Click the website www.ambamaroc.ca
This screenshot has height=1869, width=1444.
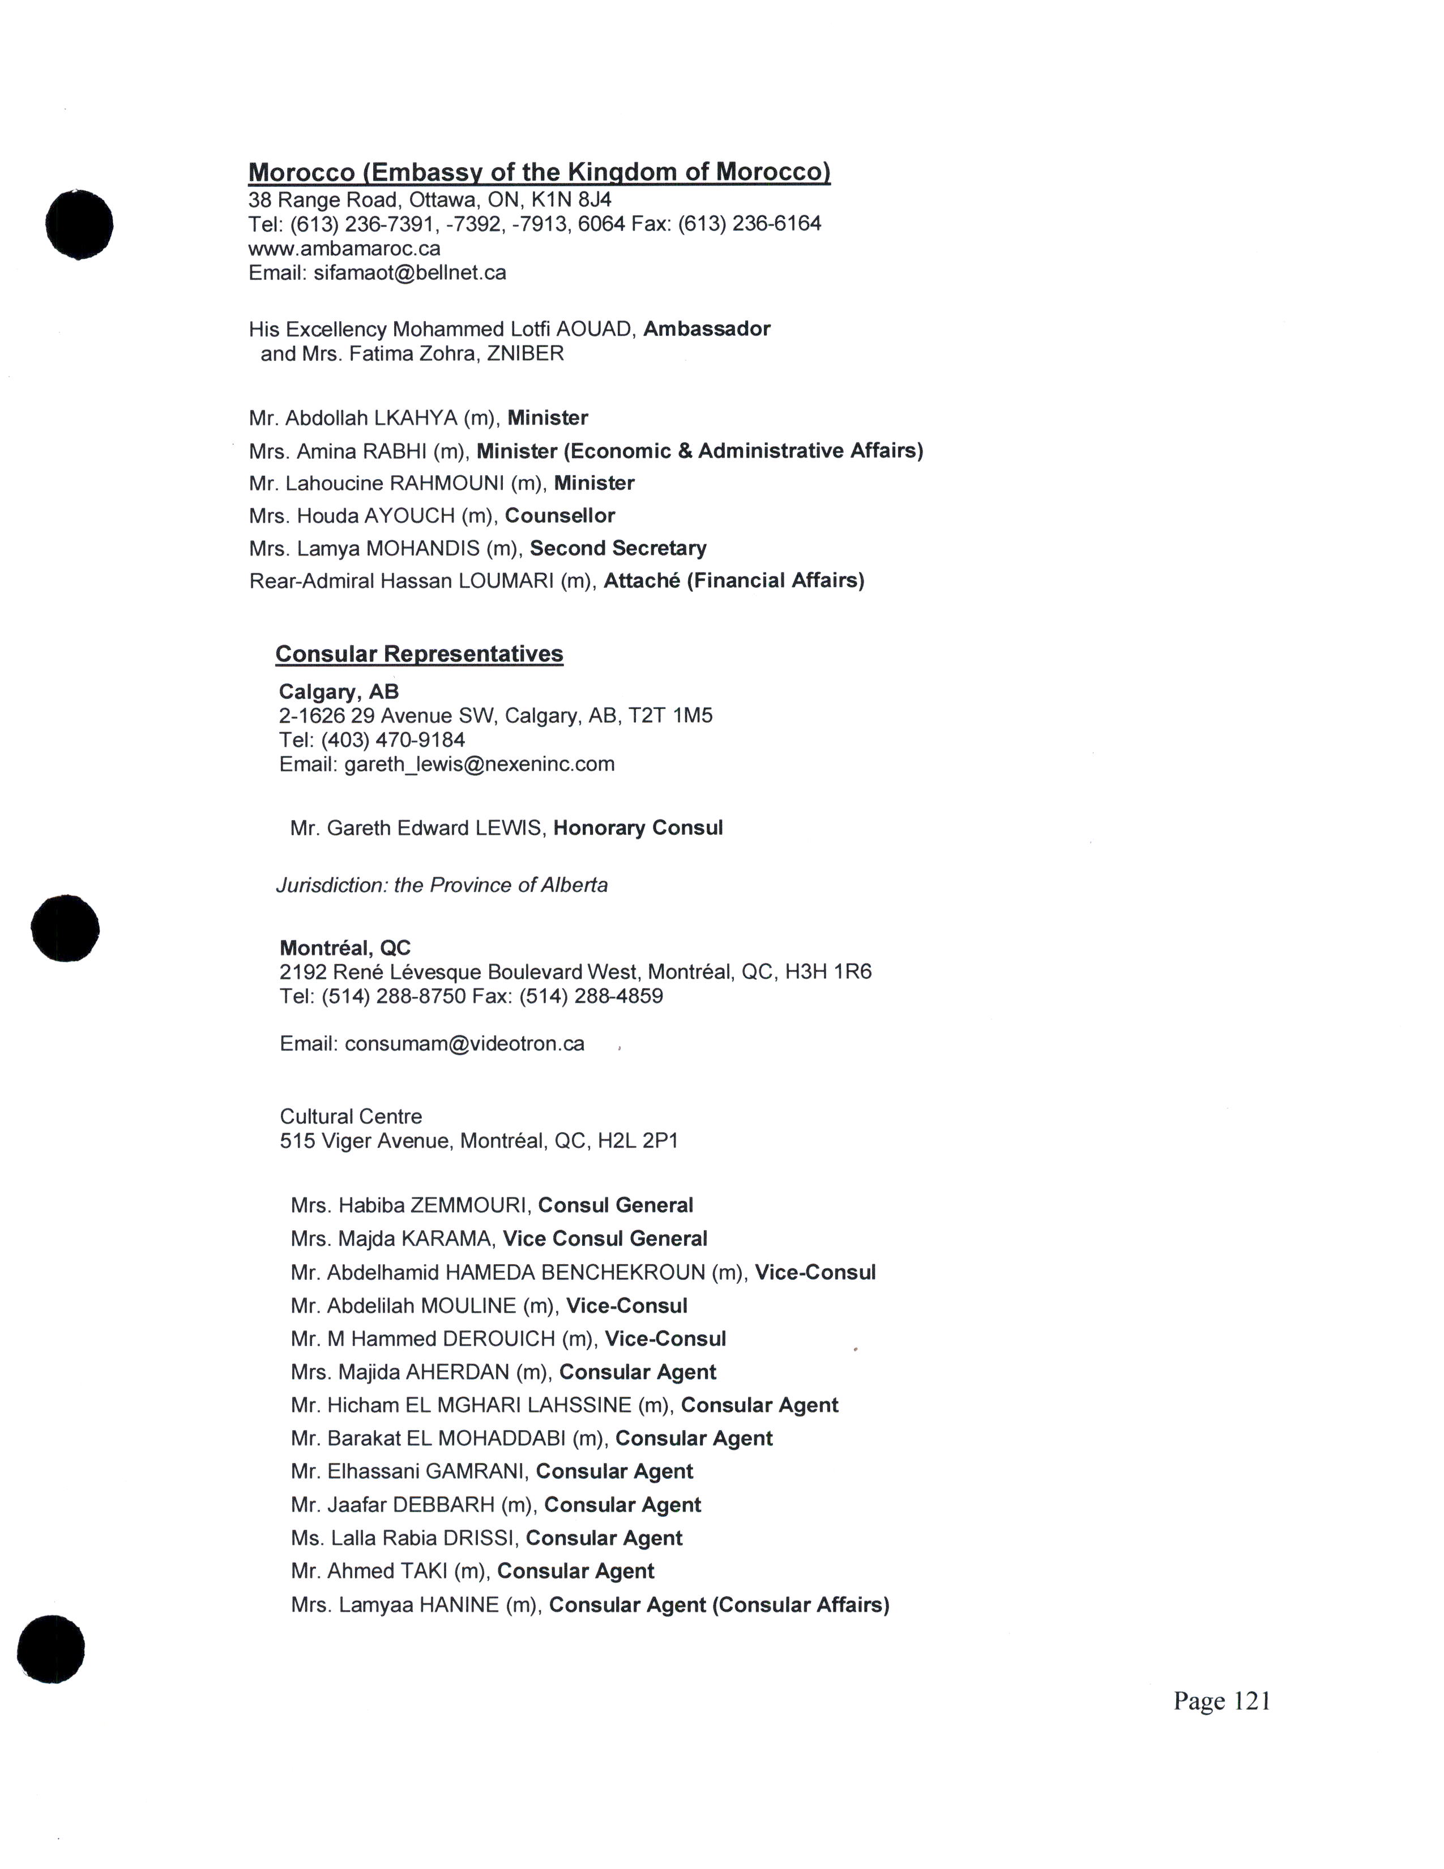point(344,249)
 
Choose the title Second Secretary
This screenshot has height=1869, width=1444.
point(618,549)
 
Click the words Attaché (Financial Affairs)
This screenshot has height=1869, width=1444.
point(734,581)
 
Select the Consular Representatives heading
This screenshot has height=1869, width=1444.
point(419,655)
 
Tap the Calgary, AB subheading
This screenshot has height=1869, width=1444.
point(339,692)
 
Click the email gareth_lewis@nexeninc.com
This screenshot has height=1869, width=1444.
point(479,764)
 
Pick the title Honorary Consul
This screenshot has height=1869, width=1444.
point(637,829)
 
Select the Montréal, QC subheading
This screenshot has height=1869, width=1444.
point(345,948)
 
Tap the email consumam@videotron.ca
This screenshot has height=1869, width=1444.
point(464,1044)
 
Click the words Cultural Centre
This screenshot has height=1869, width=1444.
point(351,1117)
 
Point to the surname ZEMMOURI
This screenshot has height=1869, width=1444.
point(468,1206)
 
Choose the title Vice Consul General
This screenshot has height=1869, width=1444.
point(605,1239)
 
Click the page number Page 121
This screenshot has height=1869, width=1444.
point(1221,1701)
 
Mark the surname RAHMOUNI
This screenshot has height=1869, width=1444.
point(447,484)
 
